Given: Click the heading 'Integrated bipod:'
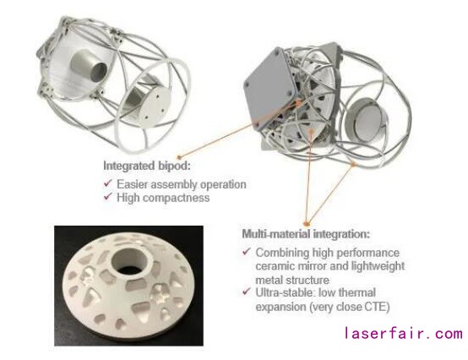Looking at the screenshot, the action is click(146, 166).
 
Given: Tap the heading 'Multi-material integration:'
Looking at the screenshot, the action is click(306, 233).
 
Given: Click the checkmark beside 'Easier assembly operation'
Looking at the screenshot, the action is click(108, 183).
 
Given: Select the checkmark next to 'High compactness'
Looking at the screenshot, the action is click(108, 196).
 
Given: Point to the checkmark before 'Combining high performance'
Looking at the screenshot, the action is click(247, 251).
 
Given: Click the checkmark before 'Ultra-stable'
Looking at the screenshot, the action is click(247, 291).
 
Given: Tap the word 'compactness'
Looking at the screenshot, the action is click(177, 198).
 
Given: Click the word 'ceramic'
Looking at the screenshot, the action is click(275, 266).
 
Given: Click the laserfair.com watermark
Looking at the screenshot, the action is click(404, 334).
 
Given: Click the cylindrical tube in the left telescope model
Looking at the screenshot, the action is click(88, 66).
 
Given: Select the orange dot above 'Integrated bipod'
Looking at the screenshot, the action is click(179, 157).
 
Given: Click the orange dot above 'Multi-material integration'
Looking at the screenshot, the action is click(306, 224).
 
